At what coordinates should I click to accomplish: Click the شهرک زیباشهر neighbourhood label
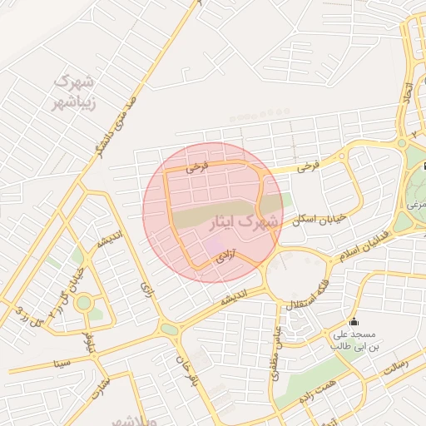[74, 92]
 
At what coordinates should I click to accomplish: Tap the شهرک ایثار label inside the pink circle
[245, 223]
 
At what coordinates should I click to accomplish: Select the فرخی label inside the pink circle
[197, 166]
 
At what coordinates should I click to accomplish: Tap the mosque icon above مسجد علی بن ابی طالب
[354, 321]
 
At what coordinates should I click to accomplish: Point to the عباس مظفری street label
[272, 349]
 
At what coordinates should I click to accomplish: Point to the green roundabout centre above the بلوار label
[83, 302]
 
